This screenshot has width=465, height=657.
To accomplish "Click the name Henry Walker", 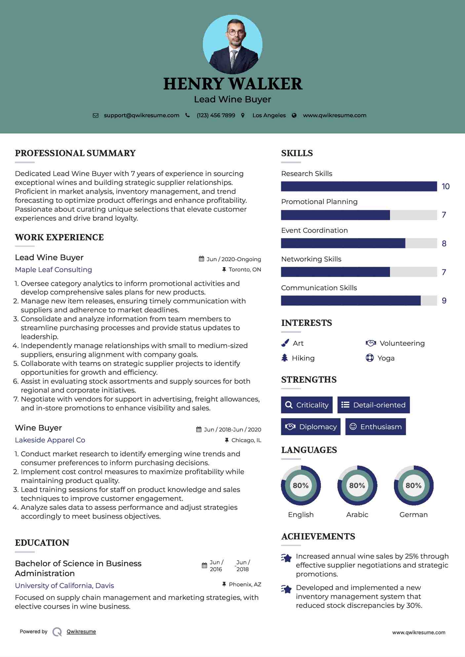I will coord(232,84).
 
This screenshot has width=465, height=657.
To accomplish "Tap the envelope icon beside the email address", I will coord(96,116).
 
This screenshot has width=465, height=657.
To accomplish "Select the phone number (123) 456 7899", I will coord(216,116).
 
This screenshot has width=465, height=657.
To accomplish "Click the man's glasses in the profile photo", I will coord(236,33).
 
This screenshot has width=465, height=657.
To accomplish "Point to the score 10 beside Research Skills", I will coord(446,187).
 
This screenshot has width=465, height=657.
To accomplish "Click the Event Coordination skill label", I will coord(314,230).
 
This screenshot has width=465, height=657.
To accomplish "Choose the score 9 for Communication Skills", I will coord(444,301).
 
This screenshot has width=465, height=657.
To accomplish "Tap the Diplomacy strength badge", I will coord(311,427).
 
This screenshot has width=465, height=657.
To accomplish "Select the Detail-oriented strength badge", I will coord(373,405).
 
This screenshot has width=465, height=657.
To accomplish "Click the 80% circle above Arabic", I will coord(357,486).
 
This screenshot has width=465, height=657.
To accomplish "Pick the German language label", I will coord(413,515).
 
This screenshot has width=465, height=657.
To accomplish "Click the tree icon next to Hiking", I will coord(285,358).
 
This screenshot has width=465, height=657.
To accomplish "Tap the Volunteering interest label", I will coord(402,343).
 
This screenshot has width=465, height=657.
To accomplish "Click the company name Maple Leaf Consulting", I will coord(54,270).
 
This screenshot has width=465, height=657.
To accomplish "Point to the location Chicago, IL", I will coord(246,440).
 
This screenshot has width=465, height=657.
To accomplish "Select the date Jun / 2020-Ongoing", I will coord(234,259).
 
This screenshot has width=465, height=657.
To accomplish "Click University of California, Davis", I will coord(64,586).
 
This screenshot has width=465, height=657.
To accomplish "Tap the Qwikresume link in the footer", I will coord(81,632).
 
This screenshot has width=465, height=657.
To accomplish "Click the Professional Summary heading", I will coord(75,153).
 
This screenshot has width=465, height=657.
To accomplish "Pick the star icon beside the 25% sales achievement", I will coord(287,558).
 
